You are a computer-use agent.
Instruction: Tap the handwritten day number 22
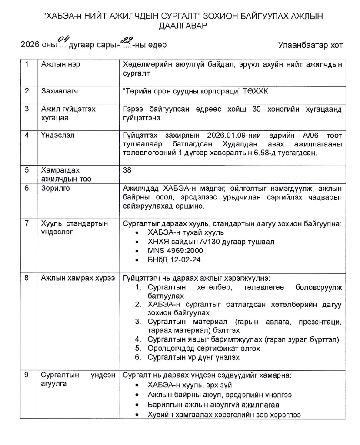pyautogui.click(x=127, y=40)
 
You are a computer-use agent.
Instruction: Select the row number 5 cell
pyautogui.click(x=27, y=170)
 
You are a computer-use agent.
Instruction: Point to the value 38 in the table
pyautogui.click(x=127, y=170)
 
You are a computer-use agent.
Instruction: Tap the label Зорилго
pyautogui.click(x=54, y=189)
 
